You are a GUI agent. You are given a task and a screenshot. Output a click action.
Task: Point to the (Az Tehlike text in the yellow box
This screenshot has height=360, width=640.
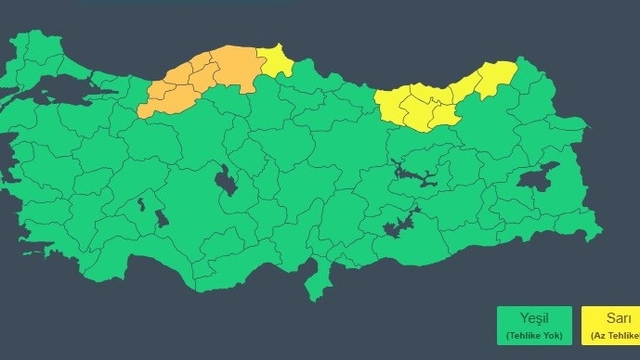click(x=612, y=336)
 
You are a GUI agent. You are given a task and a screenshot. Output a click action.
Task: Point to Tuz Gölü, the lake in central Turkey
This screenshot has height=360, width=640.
click(x=224, y=182)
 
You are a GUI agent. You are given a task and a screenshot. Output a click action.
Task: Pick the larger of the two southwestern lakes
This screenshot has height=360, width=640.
click(x=160, y=218)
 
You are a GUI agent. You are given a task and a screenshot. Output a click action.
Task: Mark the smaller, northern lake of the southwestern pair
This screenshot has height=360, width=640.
click(x=142, y=204)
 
